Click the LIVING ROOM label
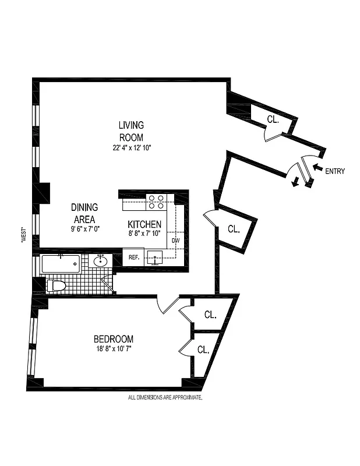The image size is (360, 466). click(131, 131)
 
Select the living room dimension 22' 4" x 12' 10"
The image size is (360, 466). click(132, 148)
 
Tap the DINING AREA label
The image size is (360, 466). click(84, 213)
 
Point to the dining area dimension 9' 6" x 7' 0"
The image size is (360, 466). click(84, 229)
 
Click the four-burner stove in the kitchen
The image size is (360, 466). click(156, 202)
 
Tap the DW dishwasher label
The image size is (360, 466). click(175, 240)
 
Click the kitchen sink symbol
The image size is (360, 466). click(156, 256)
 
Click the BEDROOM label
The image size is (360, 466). click(114, 339)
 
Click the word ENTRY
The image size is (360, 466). click(335, 171)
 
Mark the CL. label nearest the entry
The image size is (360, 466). click(273, 119)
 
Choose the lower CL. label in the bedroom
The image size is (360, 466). click(203, 350)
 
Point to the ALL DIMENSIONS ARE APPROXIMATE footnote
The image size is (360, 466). click(165, 398)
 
